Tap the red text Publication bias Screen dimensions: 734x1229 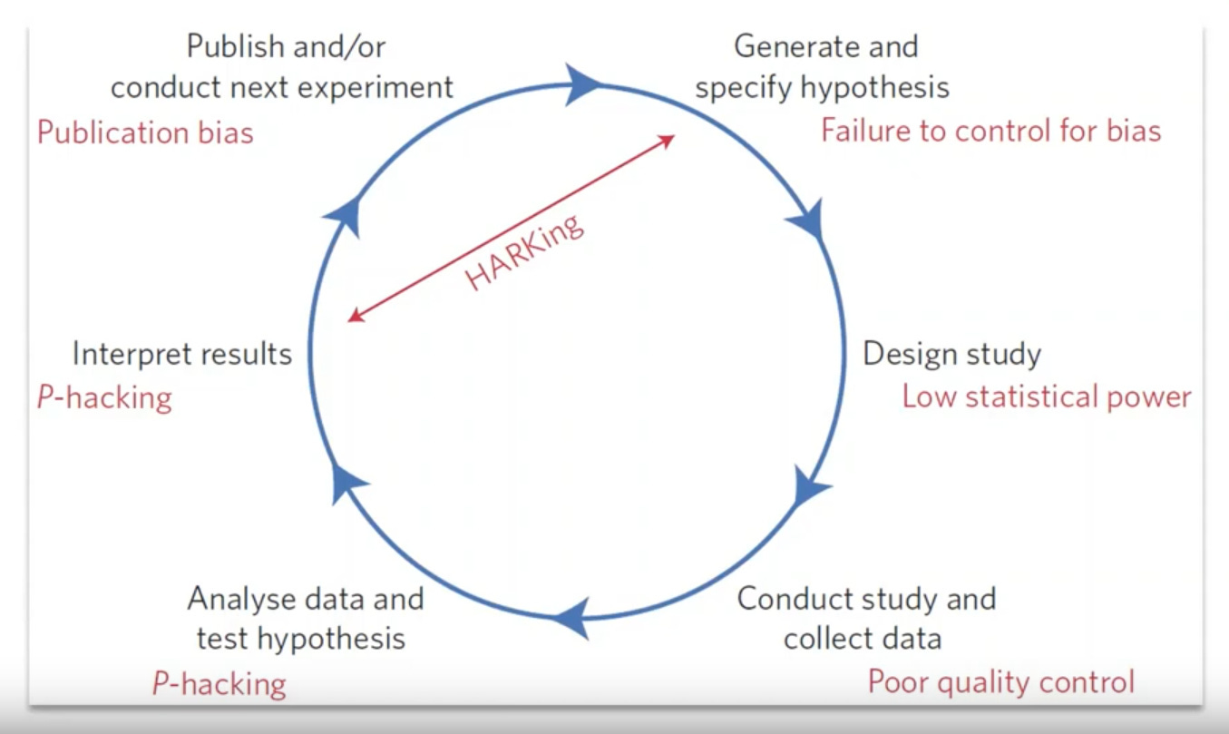point(145,132)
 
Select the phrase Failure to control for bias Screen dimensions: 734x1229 point(990,131)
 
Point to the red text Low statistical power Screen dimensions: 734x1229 point(1046,396)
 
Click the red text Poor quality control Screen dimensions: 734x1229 point(1000,681)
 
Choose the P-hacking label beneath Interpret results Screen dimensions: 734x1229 point(104,397)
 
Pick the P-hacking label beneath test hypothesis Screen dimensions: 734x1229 point(219,683)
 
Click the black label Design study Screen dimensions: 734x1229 point(951,354)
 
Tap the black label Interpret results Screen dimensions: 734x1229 point(182,354)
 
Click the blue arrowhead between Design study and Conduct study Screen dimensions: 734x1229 point(810,487)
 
